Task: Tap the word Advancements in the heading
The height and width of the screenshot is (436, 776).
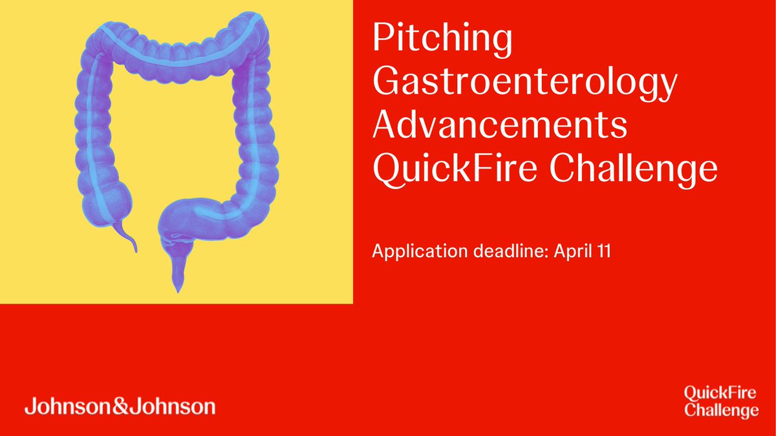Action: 500,127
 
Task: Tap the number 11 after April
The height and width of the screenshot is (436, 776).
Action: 603,251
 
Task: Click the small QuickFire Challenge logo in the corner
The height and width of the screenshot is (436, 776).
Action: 721,400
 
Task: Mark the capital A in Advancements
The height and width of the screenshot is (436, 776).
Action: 387,127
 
